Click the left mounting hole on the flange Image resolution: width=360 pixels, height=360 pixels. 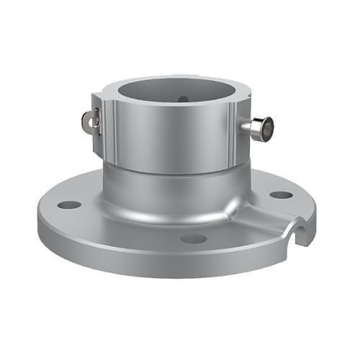pos(69,204)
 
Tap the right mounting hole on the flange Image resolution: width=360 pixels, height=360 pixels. pos(281,194)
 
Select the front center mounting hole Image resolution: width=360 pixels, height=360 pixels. pos(194,238)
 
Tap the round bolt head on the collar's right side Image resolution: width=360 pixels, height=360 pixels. pos(266,130)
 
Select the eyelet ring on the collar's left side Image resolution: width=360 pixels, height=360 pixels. pos(90,122)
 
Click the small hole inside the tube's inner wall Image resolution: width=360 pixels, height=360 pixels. pos(184,99)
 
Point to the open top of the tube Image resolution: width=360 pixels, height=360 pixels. pos(176,90)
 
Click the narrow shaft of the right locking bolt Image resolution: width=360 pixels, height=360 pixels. pos(249,128)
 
